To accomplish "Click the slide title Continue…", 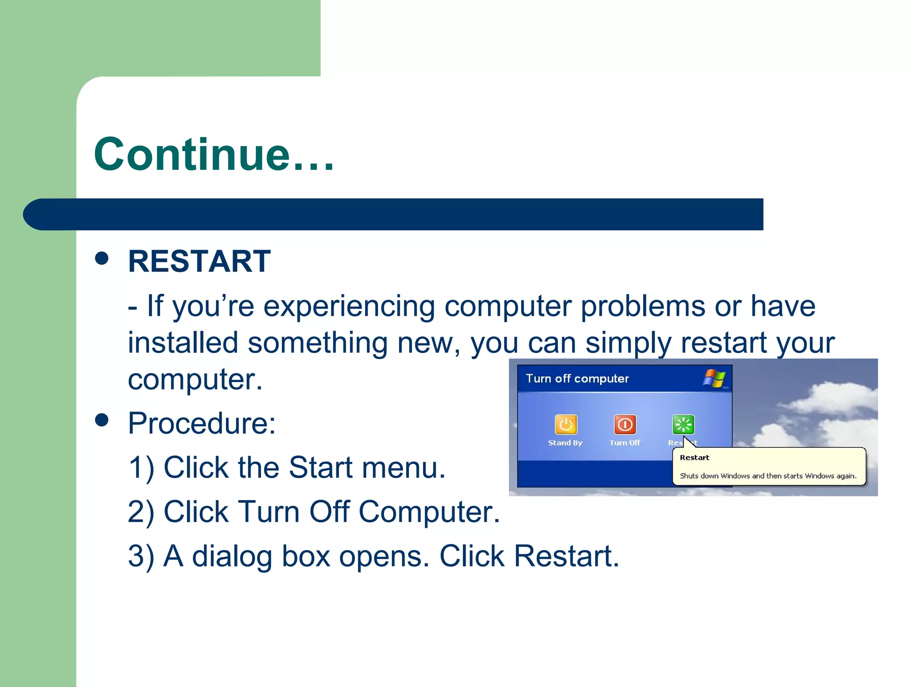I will pyautogui.click(x=214, y=154).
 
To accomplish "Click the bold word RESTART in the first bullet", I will pyautogui.click(x=199, y=261).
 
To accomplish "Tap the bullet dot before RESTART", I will pyautogui.click(x=102, y=258).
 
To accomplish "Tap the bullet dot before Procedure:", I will pyautogui.click(x=102, y=420).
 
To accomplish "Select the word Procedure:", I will pyautogui.click(x=202, y=423).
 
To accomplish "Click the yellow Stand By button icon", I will pyautogui.click(x=566, y=424).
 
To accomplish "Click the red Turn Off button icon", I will pyautogui.click(x=625, y=424).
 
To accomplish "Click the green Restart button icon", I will pyautogui.click(x=683, y=424).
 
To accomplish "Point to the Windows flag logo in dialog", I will pyautogui.click(x=714, y=378).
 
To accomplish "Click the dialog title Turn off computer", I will pyautogui.click(x=577, y=379).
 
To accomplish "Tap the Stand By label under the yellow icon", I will pyautogui.click(x=565, y=443).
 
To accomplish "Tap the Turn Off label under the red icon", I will pyautogui.click(x=625, y=443).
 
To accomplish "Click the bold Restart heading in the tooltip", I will pyautogui.click(x=694, y=458).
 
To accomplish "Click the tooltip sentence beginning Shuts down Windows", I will pyautogui.click(x=768, y=476).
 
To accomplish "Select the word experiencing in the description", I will pyautogui.click(x=349, y=307).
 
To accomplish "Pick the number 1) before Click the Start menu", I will pyautogui.click(x=141, y=468).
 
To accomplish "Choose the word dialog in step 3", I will pyautogui.click(x=232, y=556).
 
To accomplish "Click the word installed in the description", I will pyautogui.click(x=182, y=343).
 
